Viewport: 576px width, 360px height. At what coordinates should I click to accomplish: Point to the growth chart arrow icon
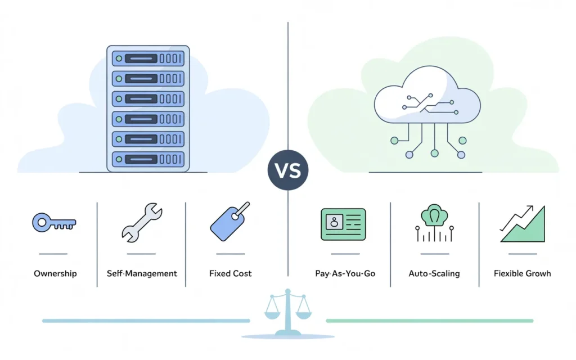(x=523, y=224)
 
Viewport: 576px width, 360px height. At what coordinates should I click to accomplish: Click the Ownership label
(x=55, y=274)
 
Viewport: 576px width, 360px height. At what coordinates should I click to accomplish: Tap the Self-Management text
(x=142, y=274)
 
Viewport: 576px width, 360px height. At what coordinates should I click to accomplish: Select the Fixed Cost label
(x=230, y=274)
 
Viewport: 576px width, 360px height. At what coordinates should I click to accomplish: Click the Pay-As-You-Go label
(x=345, y=274)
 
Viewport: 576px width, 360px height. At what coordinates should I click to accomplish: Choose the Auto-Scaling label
(x=434, y=274)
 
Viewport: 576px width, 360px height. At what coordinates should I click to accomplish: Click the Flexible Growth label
(x=522, y=274)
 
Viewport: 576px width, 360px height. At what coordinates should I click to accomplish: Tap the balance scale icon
(x=288, y=313)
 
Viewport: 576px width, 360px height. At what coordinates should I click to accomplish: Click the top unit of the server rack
(x=148, y=58)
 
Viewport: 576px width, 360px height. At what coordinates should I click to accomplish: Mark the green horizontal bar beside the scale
(x=429, y=321)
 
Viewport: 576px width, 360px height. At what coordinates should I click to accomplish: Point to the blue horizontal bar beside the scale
(x=146, y=321)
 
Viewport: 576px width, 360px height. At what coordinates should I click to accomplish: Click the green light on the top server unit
(x=118, y=58)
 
